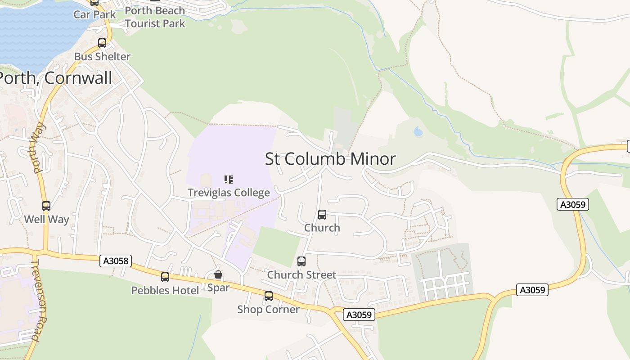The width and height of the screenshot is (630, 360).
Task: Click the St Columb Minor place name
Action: point(330,159)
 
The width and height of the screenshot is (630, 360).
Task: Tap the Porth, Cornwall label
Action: point(55,78)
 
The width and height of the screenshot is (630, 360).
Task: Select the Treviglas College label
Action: point(229,193)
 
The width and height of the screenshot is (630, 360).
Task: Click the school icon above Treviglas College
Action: point(229,180)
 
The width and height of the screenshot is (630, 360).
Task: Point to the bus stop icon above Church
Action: point(322,215)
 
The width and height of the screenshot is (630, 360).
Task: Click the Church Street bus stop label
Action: point(301,274)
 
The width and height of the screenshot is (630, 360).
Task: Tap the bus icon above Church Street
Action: point(301,261)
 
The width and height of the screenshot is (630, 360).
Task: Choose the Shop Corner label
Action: point(268,309)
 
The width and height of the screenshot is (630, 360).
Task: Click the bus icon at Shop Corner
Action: point(269,296)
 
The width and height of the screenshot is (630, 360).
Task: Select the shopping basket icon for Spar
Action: point(218,274)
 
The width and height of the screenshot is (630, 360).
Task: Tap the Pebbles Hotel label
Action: point(165,290)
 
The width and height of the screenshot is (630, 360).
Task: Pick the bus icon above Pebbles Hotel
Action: point(165,277)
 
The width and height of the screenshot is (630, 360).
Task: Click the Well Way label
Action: point(46,219)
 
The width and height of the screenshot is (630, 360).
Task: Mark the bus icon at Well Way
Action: point(46,206)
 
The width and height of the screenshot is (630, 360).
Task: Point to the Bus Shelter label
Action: point(102,56)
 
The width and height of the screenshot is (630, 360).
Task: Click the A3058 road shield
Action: point(116,261)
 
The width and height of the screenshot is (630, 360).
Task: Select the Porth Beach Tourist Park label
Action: point(155,17)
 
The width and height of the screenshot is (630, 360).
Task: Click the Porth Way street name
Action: point(38,147)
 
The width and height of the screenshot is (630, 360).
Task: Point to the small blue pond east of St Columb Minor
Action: point(418,131)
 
